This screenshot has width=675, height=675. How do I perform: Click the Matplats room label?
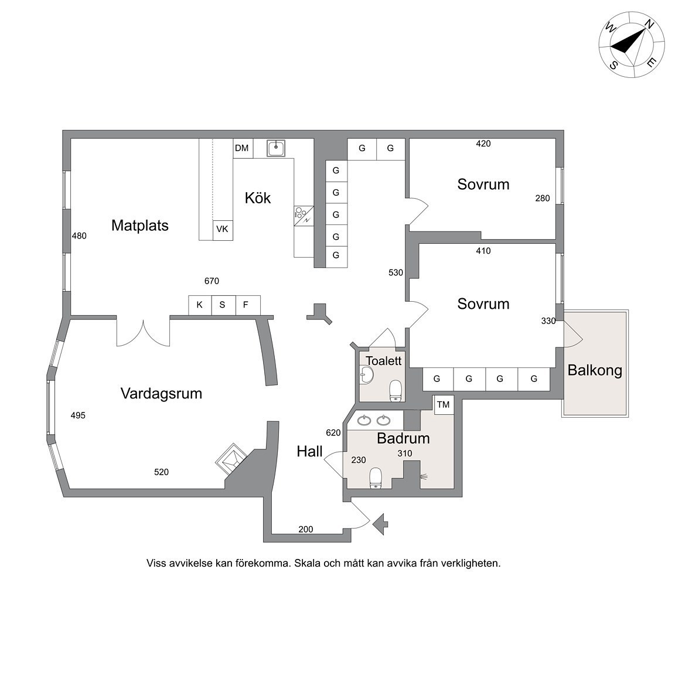point(140,226)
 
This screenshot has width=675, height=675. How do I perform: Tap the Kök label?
point(257,198)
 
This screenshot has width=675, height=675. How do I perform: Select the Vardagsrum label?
point(162,394)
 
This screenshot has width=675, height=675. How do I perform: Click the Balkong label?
point(595,370)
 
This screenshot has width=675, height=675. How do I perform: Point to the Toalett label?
point(384,361)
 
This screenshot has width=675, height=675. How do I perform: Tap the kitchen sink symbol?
point(276,148)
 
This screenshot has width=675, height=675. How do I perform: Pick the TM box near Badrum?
point(444,405)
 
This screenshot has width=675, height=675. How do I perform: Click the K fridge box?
point(200,305)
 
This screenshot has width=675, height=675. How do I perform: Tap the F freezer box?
point(248,305)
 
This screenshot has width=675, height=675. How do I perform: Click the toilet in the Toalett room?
point(396,391)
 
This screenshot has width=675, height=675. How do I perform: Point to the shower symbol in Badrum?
point(424,476)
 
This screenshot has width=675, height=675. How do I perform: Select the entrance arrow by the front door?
point(380,524)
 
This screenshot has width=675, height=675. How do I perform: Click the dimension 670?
point(212,281)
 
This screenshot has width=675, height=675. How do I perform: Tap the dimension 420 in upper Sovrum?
point(483,144)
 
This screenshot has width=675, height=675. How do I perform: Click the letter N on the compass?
point(649,25)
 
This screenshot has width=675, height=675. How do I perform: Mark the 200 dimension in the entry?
point(306,530)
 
